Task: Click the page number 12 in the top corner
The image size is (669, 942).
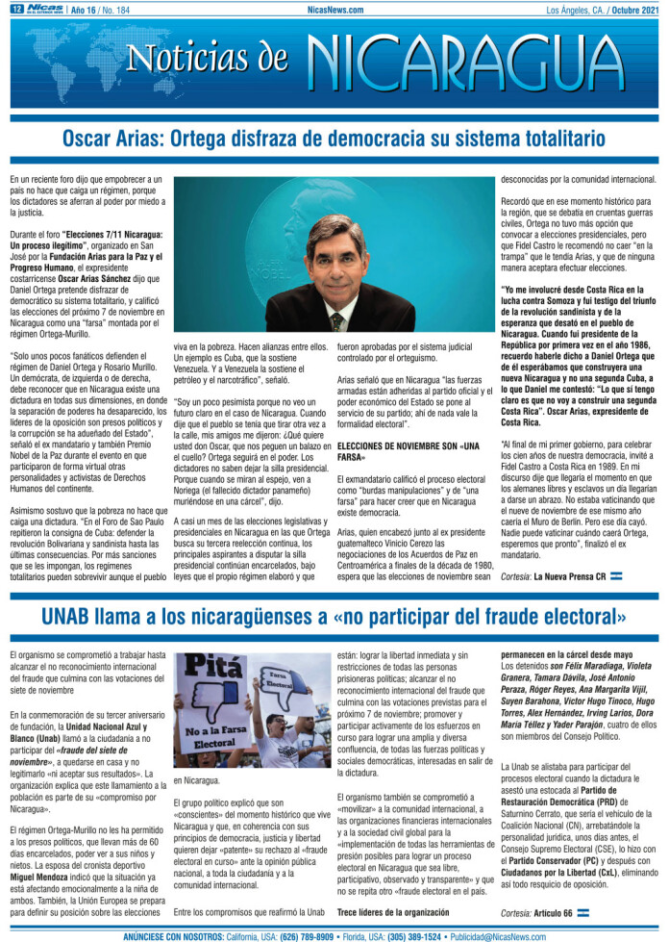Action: click(x=16, y=10)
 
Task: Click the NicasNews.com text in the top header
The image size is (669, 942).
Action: click(x=334, y=10)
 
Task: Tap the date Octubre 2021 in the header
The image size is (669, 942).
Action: click(x=633, y=10)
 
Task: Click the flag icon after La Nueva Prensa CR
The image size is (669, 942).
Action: click(x=617, y=575)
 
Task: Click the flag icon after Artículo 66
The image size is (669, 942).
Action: click(x=583, y=912)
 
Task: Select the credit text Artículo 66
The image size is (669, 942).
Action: click(x=555, y=912)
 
